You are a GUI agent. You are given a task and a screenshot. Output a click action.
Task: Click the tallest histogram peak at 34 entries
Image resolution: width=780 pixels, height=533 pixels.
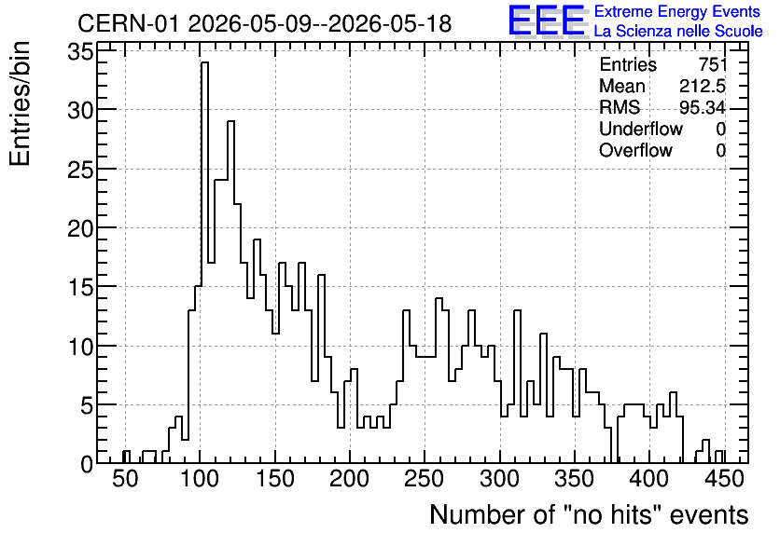(205, 63)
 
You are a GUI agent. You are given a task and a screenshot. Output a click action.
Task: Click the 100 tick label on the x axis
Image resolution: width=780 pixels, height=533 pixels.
(200, 479)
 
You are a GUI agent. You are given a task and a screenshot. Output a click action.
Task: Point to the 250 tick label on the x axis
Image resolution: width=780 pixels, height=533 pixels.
(424, 479)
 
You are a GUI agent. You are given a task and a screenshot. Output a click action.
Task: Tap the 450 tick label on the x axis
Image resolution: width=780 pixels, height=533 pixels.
(724, 479)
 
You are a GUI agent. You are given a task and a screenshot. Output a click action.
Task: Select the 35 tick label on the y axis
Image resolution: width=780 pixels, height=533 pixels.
(80, 51)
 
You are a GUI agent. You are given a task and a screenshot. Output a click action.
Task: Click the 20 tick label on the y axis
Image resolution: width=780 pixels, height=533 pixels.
(80, 228)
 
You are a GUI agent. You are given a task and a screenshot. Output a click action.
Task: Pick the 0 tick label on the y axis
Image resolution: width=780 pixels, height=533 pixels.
(87, 464)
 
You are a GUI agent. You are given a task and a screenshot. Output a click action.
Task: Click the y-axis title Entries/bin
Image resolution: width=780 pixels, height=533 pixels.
(21, 103)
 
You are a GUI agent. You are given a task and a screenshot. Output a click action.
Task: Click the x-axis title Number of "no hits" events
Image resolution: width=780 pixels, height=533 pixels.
(589, 514)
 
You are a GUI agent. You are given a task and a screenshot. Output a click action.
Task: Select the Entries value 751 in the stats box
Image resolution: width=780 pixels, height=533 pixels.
(712, 64)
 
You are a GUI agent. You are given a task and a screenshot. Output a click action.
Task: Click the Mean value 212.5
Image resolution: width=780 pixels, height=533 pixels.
(703, 86)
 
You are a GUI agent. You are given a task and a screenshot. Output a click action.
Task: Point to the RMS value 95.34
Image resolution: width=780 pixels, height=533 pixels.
(703, 107)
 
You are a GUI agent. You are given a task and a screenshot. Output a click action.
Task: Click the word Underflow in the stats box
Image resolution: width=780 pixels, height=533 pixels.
(641, 129)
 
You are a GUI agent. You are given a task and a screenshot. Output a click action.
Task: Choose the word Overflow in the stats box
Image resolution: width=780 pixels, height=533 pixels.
(635, 150)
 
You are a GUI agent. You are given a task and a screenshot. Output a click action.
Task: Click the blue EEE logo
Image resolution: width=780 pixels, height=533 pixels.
(547, 21)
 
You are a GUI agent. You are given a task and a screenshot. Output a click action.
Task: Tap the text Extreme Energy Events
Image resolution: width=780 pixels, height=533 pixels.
(677, 11)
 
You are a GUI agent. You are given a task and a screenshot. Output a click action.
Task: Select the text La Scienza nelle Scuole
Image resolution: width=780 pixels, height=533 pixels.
(678, 31)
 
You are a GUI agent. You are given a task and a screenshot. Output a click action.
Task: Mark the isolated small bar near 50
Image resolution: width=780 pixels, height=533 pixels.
(126, 457)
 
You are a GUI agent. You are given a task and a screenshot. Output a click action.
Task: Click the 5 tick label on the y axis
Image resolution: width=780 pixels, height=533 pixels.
(87, 404)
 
